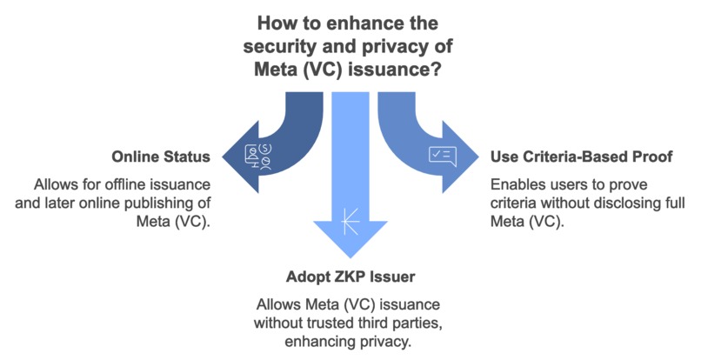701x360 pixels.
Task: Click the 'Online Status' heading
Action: [x=161, y=157]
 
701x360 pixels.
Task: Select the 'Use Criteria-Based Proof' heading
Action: [x=582, y=157]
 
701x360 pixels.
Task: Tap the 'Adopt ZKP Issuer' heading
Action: [x=350, y=277]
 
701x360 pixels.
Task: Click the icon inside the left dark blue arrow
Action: [x=258, y=157]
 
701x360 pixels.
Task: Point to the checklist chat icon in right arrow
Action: [x=442, y=156]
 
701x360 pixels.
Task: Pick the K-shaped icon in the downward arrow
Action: [x=350, y=221]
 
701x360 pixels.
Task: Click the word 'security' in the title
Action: [x=275, y=46]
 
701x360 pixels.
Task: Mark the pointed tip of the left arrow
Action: [x=223, y=157]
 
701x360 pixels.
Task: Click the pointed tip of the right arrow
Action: [x=479, y=157]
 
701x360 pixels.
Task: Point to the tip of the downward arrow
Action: [x=350, y=258]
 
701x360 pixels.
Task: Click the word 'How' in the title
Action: [x=272, y=23]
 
